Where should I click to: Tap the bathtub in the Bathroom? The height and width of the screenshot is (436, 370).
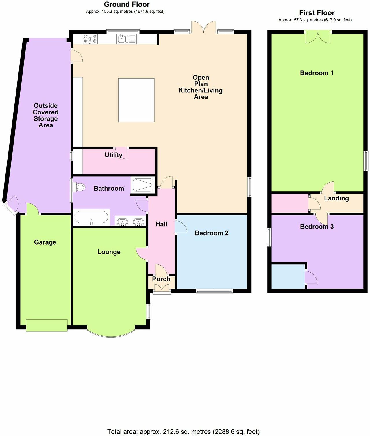click(x=91, y=217)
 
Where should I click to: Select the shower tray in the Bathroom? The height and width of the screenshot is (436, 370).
click(x=143, y=185)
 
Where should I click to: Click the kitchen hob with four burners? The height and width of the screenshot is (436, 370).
click(x=90, y=39)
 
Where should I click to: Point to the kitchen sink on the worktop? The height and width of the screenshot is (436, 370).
click(x=123, y=39)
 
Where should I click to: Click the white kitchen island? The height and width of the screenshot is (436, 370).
click(x=136, y=100)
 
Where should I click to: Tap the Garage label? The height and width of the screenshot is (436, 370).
click(x=45, y=242)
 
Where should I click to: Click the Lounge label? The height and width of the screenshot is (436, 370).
click(x=109, y=252)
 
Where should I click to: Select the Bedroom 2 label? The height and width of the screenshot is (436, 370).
click(x=212, y=233)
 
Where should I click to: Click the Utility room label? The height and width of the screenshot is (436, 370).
click(x=113, y=155)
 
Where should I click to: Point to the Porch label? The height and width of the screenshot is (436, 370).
click(x=161, y=279)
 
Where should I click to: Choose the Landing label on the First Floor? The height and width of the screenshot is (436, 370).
click(x=336, y=198)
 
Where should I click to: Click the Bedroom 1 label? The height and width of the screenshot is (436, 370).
click(x=317, y=73)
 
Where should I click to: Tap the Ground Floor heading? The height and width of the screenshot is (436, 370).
click(x=127, y=4)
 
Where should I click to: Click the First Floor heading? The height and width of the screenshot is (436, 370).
click(x=317, y=13)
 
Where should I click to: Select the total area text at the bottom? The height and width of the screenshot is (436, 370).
click(x=183, y=432)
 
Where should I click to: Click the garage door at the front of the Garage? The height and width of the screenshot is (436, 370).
click(x=47, y=325)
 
